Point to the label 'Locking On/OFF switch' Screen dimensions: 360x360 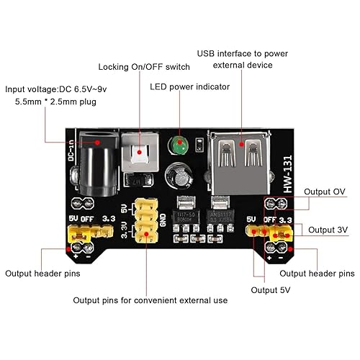pyautogui.click(x=144, y=67)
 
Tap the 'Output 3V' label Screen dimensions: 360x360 pyautogui.click(x=328, y=230)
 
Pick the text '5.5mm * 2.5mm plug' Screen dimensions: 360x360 pyautogui.click(x=56, y=103)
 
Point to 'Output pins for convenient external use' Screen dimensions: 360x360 pyautogui.click(x=151, y=300)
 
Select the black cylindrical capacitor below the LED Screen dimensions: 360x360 pyautogui.click(x=179, y=176)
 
